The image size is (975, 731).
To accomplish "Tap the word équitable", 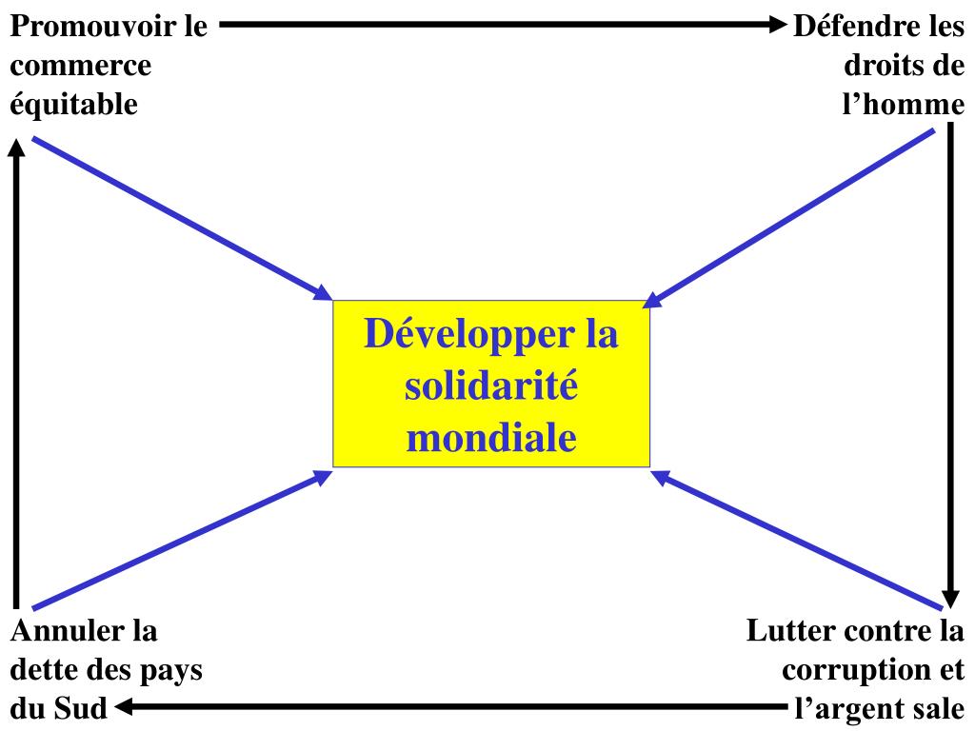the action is (74, 104).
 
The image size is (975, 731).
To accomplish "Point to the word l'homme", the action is (904, 104).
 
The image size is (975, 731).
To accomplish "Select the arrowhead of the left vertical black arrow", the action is (16, 149).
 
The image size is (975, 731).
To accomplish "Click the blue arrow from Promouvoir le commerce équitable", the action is (181, 218).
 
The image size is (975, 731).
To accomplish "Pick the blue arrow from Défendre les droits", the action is (790, 218).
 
